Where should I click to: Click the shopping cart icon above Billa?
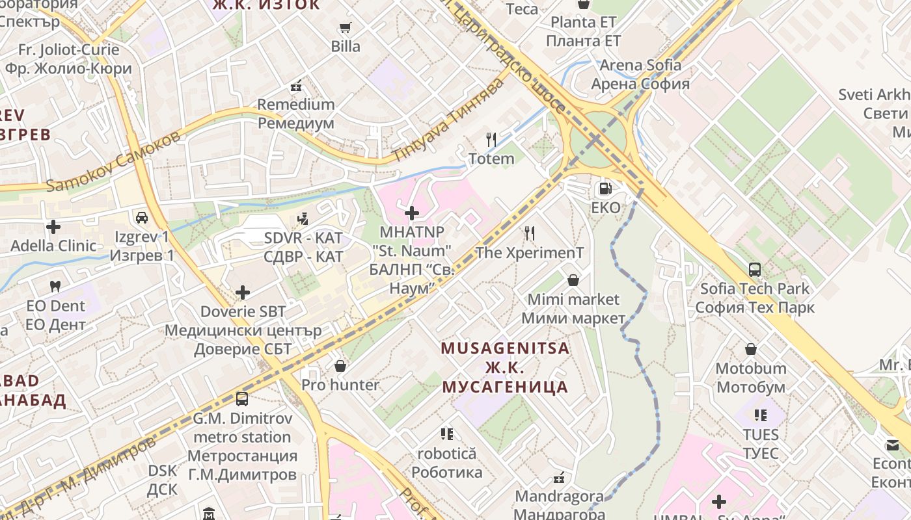(345, 28)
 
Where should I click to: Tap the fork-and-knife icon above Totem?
(492, 140)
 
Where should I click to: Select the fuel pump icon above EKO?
(605, 189)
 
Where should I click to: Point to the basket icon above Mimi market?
(573, 280)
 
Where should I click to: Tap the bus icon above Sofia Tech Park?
(755, 269)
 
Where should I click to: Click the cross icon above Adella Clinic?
(53, 227)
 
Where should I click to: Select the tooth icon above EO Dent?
(55, 286)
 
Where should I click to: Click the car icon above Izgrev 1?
(142, 217)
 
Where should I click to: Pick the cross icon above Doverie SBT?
(243, 292)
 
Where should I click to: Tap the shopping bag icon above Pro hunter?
(340, 366)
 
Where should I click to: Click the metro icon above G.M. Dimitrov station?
(242, 398)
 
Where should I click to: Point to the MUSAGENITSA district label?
(505, 348)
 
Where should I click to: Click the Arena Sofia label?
(640, 65)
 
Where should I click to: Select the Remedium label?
(296, 104)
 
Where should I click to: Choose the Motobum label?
(751, 369)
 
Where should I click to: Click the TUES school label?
(761, 435)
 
